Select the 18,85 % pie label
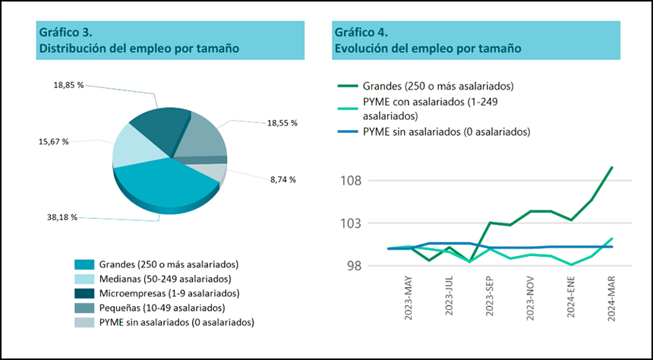[68, 85]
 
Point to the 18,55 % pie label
[282, 122]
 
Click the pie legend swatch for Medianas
[84, 279]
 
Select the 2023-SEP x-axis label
[491, 298]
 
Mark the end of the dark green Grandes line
[612, 167]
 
